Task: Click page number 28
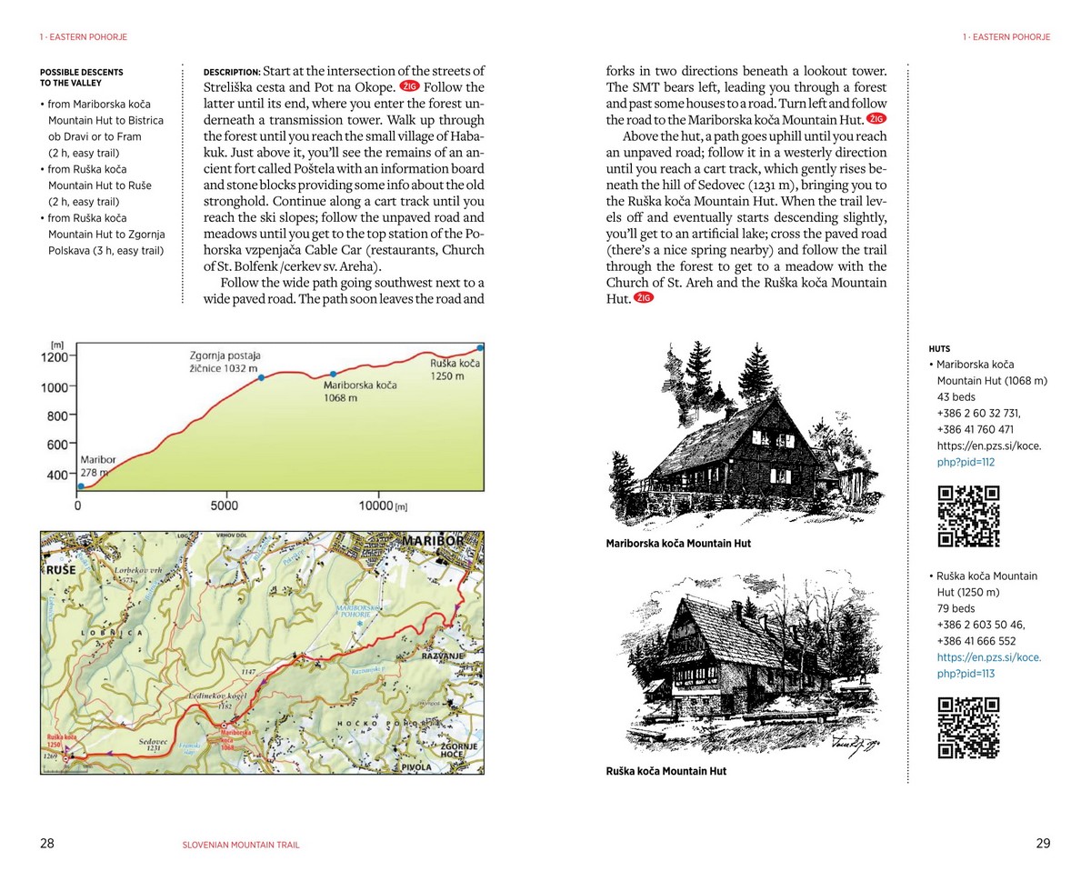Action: [x=47, y=843]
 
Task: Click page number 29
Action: [x=1043, y=843]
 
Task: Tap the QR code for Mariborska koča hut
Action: [x=968, y=516]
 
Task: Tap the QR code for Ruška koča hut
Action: [x=968, y=727]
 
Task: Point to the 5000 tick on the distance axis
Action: [x=224, y=506]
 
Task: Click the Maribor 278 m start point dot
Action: [x=82, y=488]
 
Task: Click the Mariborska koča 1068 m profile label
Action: [x=360, y=391]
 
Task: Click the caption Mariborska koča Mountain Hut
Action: [x=678, y=544]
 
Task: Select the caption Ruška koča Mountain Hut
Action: [x=666, y=771]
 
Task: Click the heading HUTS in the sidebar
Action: [x=939, y=348]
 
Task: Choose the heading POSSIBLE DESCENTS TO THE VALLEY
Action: [x=82, y=77]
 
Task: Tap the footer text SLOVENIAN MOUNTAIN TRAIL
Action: [x=241, y=845]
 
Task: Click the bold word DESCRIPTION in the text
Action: [x=232, y=72]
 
